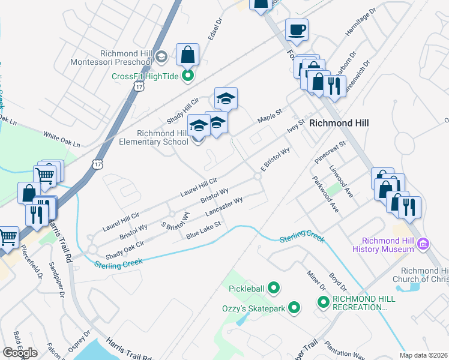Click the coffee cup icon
297,29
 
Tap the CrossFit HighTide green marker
188,76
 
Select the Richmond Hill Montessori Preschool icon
160,56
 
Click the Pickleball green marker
274,289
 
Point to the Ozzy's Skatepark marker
294,308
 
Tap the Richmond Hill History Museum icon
424,244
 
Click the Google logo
20,353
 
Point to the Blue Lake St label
203,229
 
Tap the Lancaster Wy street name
224,208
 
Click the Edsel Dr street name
215,28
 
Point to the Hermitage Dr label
360,22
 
